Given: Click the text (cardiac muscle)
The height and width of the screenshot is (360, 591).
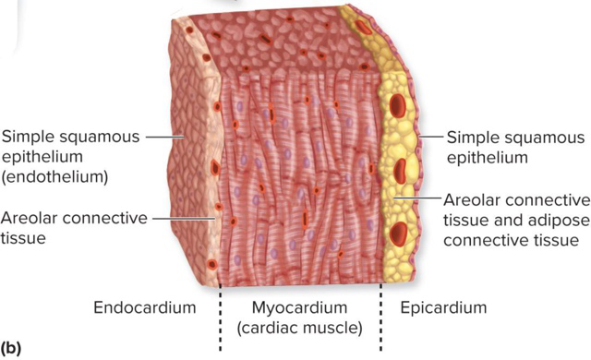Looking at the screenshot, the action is pos(301,326).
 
